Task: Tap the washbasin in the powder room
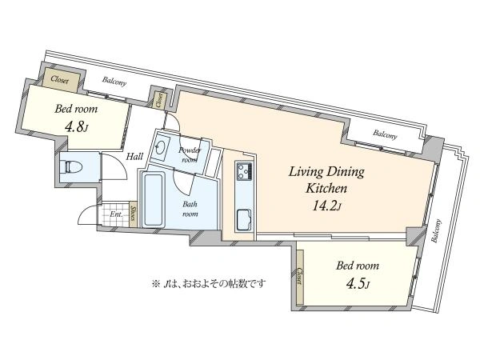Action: [160, 147]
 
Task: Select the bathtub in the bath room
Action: [154, 199]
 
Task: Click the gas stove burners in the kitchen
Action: [244, 171]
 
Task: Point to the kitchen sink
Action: [245, 219]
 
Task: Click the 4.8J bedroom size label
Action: [76, 126]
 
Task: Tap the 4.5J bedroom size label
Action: [358, 284]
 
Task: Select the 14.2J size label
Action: [326, 206]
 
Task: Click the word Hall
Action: [134, 157]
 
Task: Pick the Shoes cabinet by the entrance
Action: [133, 214]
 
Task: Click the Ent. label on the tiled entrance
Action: [117, 214]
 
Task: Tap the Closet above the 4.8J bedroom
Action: [60, 79]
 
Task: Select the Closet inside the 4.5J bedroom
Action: [300, 277]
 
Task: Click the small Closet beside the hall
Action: [159, 100]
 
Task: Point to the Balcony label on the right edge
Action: [436, 230]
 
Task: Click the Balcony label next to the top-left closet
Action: [114, 82]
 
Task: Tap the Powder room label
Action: [190, 155]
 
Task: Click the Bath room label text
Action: [190, 209]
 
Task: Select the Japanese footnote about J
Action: [209, 284]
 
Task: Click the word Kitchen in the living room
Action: [326, 188]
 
